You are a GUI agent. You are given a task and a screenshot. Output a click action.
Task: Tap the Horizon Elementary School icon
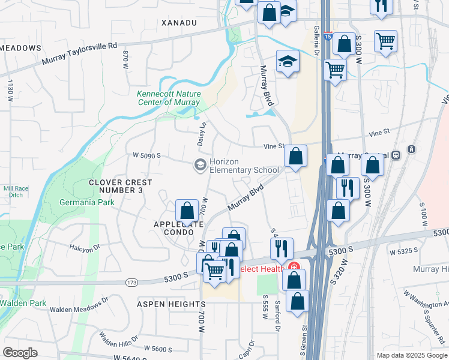pyautogui.click(x=199, y=164)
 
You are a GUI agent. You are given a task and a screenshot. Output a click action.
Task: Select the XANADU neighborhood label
pyautogui.click(x=179, y=22)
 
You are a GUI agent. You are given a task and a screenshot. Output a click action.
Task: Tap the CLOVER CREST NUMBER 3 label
pyautogui.click(x=121, y=186)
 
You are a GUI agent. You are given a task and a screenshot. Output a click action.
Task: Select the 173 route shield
pyautogui.click(x=132, y=281)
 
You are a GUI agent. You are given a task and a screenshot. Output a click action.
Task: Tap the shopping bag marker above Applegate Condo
pyautogui.click(x=187, y=211)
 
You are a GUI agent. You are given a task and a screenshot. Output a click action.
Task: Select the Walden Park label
pyautogui.click(x=23, y=303)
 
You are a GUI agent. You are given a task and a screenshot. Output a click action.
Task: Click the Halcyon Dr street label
pyautogui.click(x=84, y=248)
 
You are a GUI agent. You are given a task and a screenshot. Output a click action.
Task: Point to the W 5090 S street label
pyautogui.click(x=148, y=155)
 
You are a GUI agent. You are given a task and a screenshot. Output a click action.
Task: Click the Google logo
pyautogui.click(x=20, y=353)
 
